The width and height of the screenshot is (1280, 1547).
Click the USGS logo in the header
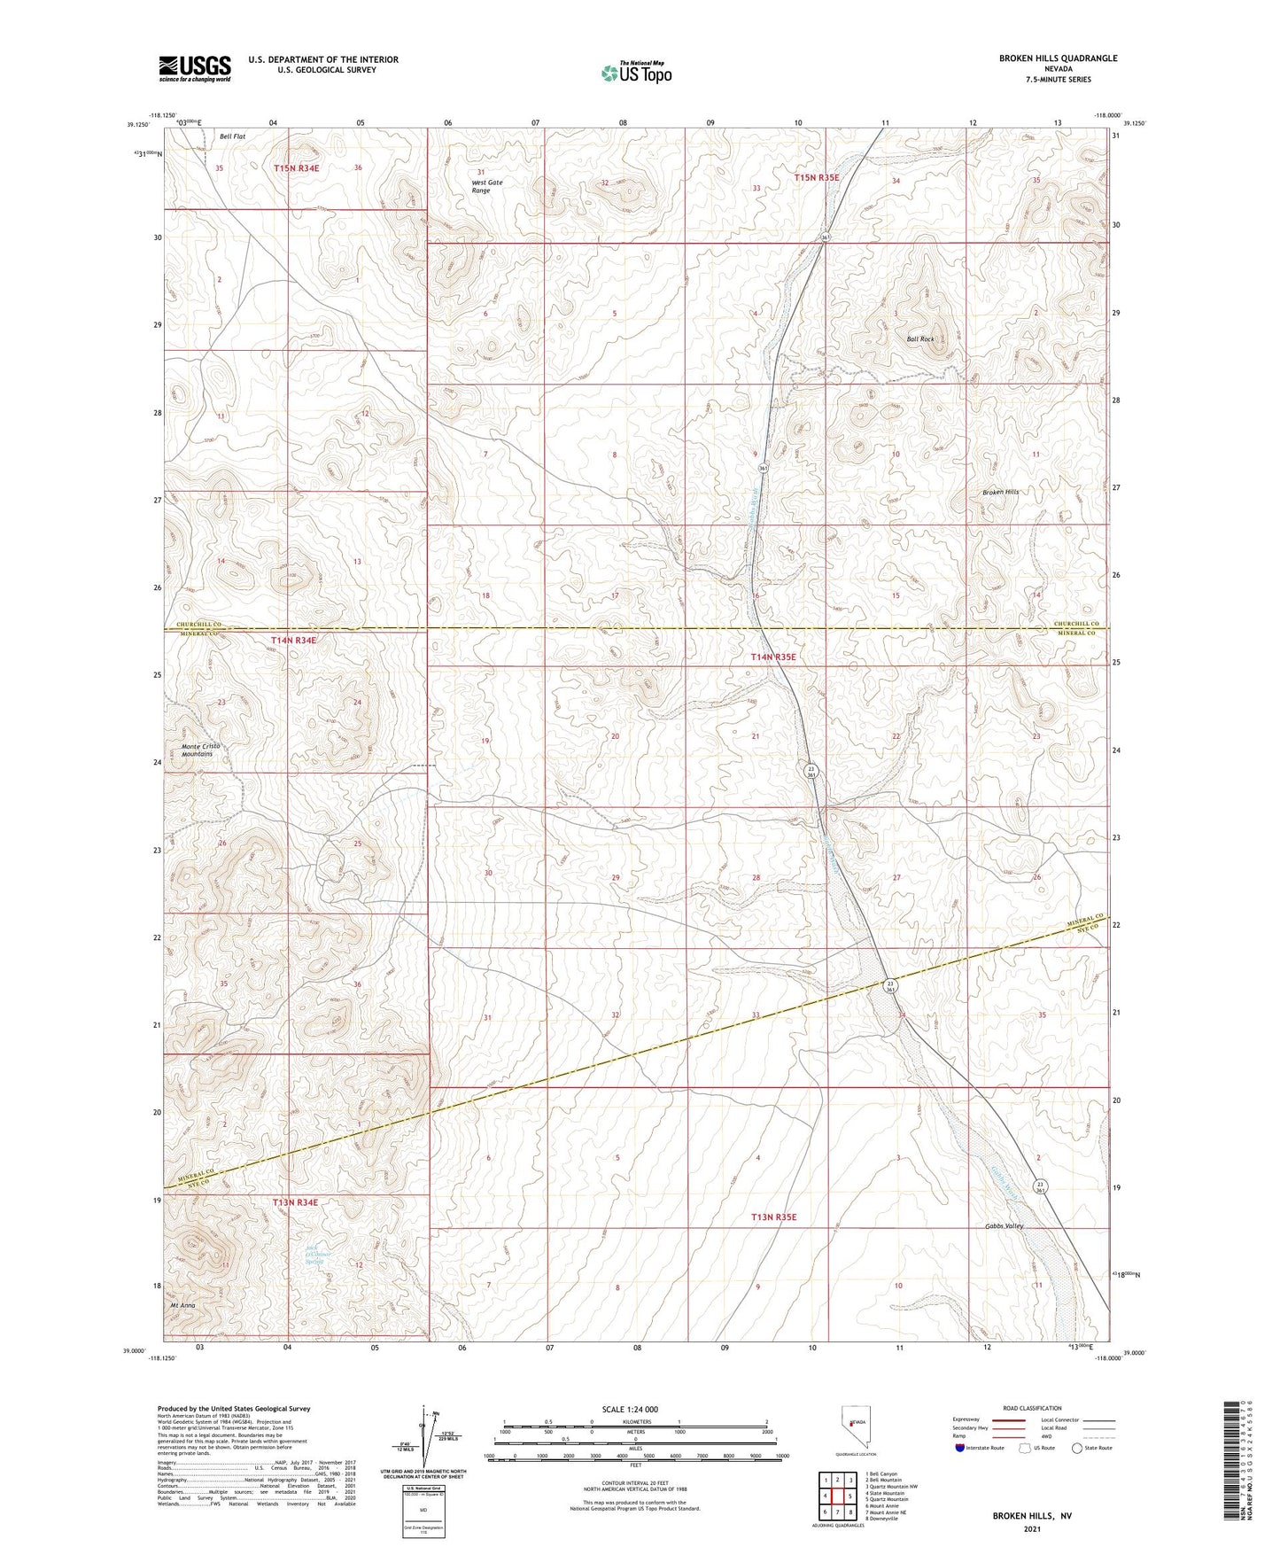point(195,68)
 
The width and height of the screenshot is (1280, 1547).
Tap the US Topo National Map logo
point(635,73)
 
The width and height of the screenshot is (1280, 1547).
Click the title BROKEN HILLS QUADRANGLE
point(1058,58)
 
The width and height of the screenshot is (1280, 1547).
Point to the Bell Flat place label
point(232,136)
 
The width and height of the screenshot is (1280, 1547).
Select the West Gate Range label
point(486,187)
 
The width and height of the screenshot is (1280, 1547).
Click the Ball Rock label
point(919,339)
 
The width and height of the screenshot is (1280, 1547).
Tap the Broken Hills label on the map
point(1000,493)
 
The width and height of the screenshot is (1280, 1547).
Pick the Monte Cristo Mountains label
point(201,750)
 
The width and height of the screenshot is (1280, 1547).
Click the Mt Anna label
point(182,1306)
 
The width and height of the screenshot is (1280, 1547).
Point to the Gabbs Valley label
point(1004,1226)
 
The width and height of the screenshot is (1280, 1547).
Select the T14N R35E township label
point(773,657)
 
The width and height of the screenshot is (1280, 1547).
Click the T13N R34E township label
point(295,1202)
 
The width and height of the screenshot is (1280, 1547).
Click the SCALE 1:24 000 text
point(629,1410)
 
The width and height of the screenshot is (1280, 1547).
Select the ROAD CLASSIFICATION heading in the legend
point(1032,1408)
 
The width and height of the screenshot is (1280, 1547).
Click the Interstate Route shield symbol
point(960,1448)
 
